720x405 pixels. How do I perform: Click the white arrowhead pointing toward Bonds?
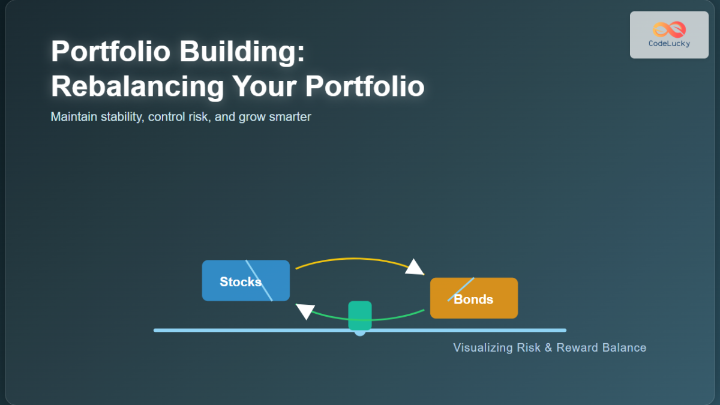[414, 267]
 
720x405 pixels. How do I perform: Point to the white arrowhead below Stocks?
[306, 311]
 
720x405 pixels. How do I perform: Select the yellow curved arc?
[354, 260]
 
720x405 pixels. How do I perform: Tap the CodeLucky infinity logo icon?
[669, 29]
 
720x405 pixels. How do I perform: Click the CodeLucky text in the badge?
[669, 44]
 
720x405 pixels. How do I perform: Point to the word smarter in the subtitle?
[290, 117]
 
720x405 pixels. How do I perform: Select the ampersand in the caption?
[548, 348]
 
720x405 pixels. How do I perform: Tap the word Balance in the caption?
[625, 348]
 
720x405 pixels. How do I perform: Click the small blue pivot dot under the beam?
[359, 334]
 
